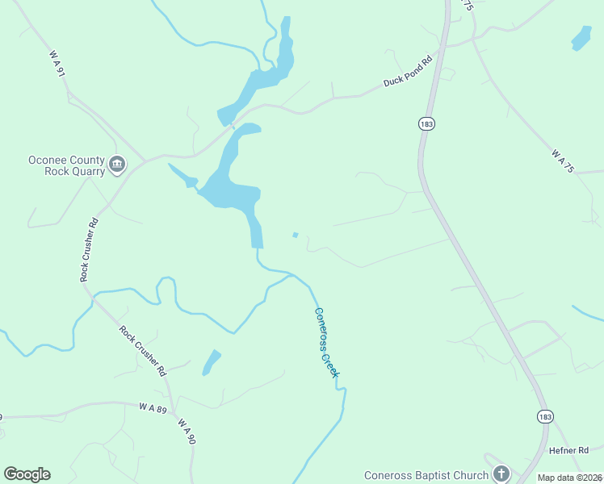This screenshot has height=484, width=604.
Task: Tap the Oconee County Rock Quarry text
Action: click(x=67, y=165)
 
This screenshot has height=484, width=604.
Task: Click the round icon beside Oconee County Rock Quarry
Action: click(x=118, y=165)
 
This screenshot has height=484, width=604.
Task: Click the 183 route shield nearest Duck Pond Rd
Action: click(x=427, y=123)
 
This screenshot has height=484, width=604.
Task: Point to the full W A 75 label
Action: click(x=562, y=161)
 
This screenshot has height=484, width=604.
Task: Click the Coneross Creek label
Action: click(x=327, y=342)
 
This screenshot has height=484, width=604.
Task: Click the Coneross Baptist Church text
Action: click(x=426, y=475)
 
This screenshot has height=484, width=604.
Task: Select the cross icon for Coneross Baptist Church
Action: click(x=501, y=474)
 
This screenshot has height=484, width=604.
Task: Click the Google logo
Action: click(x=27, y=474)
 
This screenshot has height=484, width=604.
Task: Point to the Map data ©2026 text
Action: click(x=568, y=478)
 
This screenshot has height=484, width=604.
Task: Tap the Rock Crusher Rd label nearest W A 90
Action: click(x=142, y=350)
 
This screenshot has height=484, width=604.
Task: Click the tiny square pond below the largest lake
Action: click(x=295, y=236)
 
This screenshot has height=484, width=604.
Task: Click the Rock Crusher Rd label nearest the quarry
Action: click(x=89, y=249)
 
